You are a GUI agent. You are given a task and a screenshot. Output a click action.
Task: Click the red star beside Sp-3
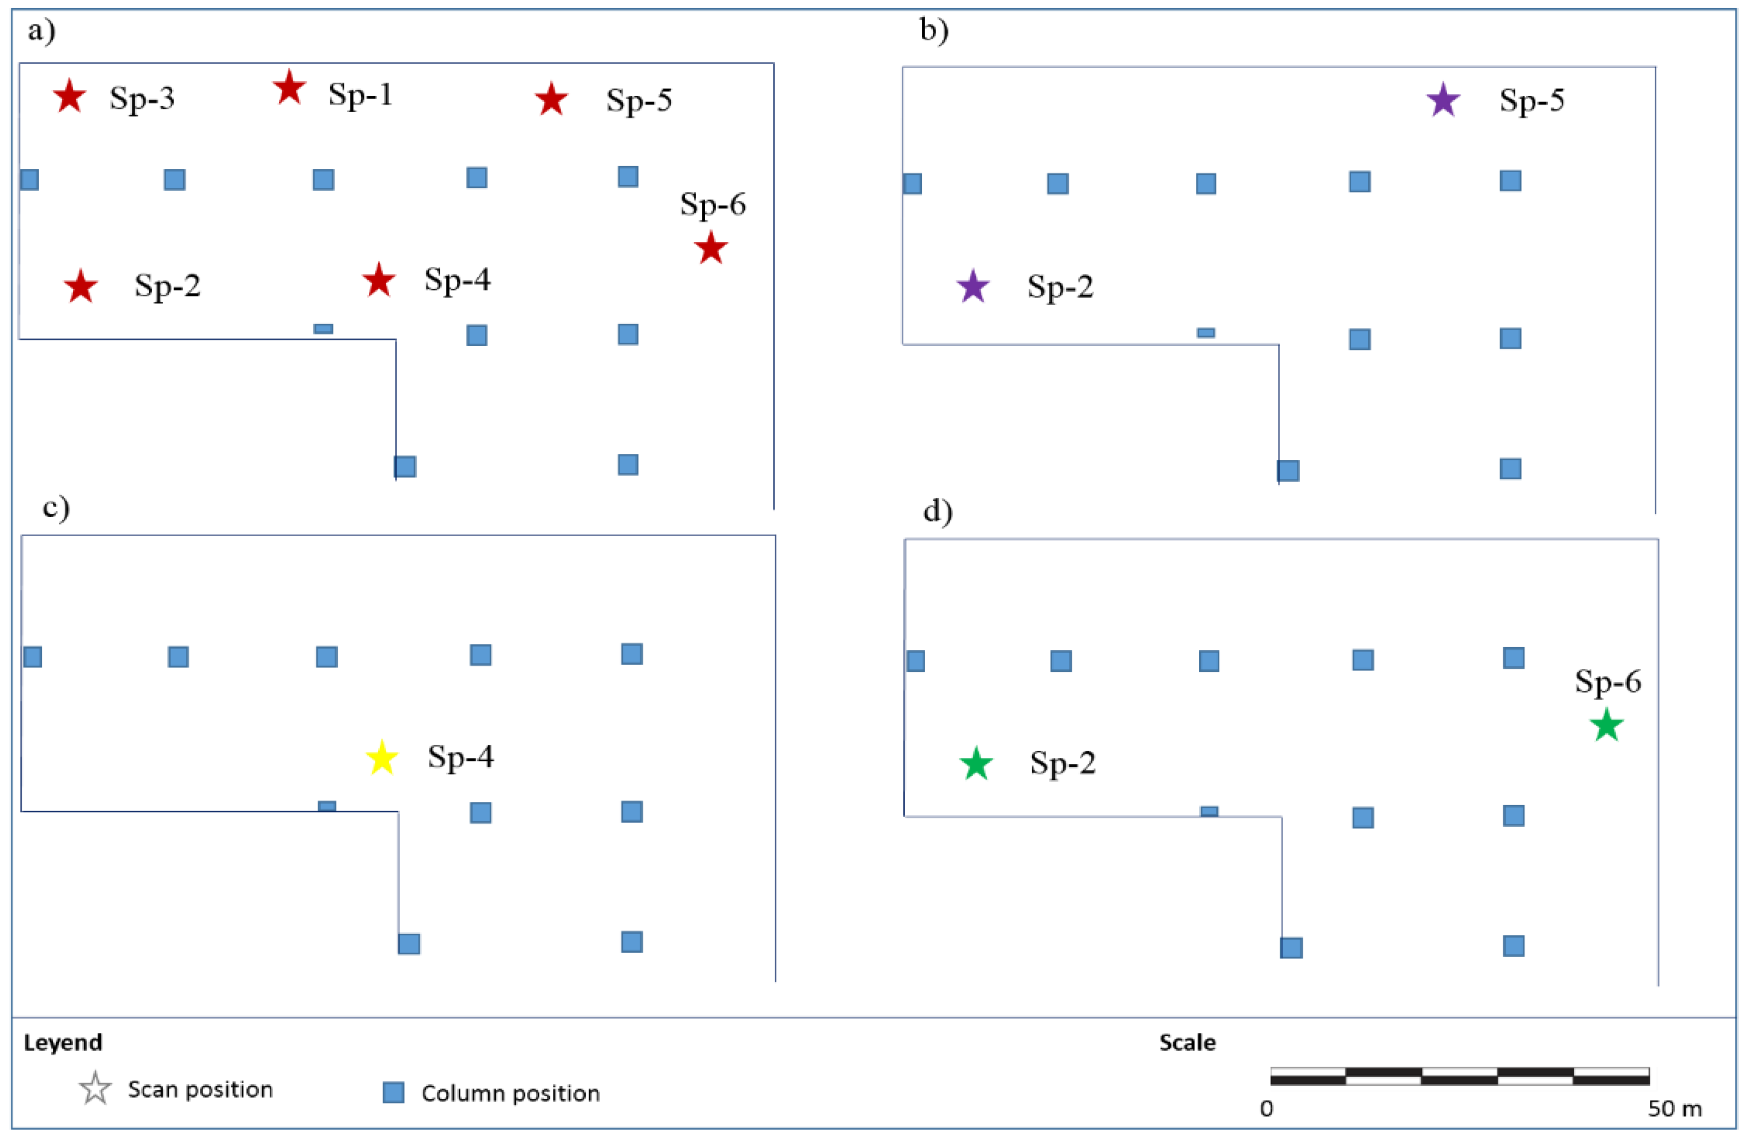(70, 96)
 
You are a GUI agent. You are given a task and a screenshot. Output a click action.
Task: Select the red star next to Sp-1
(289, 89)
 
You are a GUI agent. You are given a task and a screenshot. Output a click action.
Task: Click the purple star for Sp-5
(1443, 100)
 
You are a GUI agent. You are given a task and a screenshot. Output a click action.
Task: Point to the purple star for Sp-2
(973, 287)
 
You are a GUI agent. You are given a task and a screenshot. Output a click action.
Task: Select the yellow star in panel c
(381, 758)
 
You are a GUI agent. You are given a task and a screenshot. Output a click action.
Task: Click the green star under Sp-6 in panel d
(1607, 725)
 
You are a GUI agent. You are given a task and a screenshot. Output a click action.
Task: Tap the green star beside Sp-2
(976, 764)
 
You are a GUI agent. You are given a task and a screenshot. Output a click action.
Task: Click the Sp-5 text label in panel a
(639, 100)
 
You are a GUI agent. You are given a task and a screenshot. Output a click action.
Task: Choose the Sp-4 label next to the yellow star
(460, 756)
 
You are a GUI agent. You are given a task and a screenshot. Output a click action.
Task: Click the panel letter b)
(934, 30)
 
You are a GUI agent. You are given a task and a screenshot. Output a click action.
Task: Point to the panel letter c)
(56, 507)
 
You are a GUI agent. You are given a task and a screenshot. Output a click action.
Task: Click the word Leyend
(63, 1042)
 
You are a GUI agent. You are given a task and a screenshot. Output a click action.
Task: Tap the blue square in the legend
(393, 1092)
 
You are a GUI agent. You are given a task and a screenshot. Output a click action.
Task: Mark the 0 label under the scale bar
(1266, 1109)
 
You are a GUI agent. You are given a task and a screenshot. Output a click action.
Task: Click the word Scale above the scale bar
(1187, 1042)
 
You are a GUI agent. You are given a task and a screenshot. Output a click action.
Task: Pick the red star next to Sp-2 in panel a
(81, 287)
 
